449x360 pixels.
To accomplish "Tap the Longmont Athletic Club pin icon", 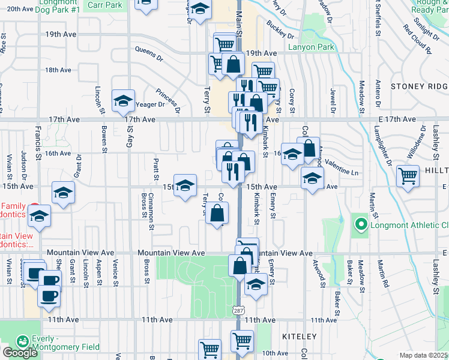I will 361,226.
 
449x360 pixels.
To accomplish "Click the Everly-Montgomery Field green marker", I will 23,341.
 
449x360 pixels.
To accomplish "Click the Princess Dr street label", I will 167,101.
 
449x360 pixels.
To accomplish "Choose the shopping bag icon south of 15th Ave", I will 217,213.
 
